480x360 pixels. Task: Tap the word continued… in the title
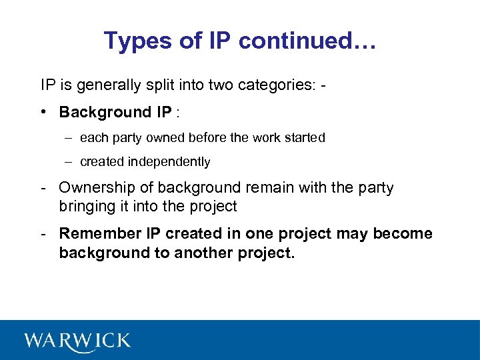309,41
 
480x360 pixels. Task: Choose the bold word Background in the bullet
96,112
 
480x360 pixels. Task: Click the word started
303,138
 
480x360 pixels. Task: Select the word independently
170,162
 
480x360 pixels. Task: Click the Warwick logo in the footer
77,341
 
